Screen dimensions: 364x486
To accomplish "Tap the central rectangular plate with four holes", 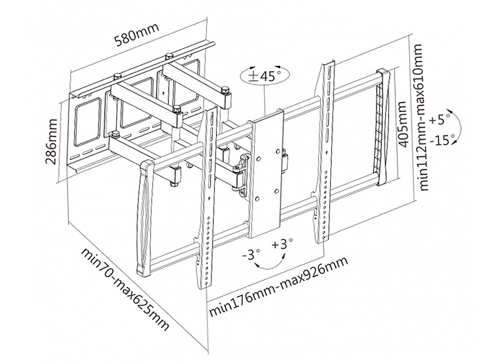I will [267, 173].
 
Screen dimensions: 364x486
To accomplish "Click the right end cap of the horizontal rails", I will [385, 127].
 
